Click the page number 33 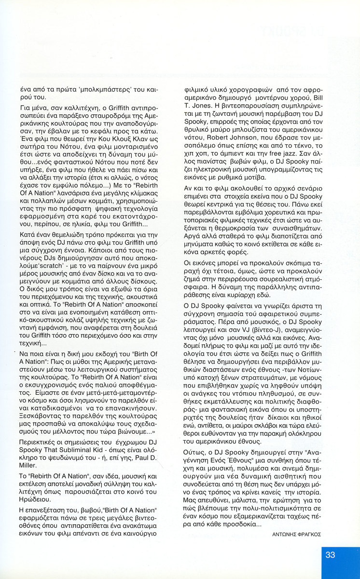[x=330, y=555]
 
